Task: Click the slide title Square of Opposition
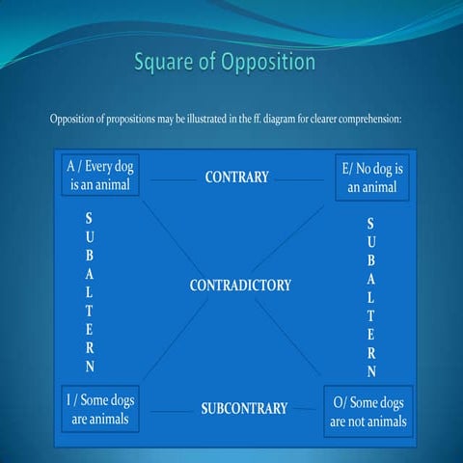224,64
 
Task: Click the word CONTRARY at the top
236,177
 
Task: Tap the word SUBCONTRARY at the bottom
244,408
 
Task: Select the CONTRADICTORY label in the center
240,286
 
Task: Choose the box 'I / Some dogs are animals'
100,410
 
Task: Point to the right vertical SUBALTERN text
371,297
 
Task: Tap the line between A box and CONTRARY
173,178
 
